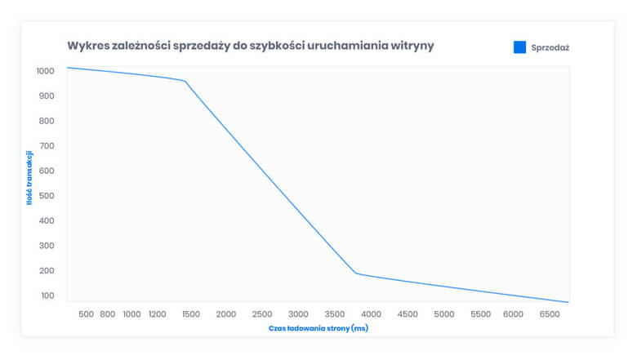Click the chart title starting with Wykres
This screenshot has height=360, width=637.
250,46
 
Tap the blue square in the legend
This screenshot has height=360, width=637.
519,47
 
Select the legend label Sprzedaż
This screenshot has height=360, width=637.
550,48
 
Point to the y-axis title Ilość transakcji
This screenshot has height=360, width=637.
29,177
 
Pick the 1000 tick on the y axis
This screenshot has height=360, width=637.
45,71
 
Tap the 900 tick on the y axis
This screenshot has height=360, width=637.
47,96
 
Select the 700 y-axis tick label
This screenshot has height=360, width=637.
47,146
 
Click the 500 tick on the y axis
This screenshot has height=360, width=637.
47,196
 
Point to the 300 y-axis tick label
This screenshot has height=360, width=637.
47,246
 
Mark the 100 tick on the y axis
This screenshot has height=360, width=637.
47,296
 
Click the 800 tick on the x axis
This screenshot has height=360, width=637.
107,314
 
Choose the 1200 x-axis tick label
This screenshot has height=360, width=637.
158,314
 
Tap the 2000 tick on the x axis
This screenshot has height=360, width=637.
226,314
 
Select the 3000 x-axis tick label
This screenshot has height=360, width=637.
299,314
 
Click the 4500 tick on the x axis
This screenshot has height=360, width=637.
408,314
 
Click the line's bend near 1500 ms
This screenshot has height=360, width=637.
186,81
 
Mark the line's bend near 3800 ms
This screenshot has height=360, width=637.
356,273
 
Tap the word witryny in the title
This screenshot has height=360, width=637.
411,46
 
